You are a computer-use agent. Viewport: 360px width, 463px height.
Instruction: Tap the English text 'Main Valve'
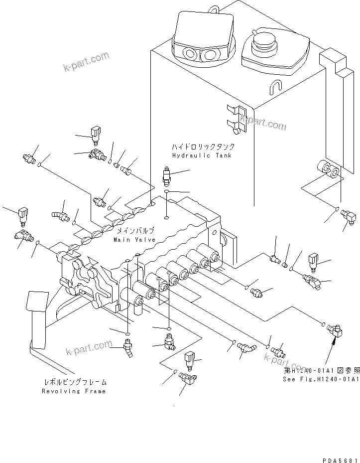click(134, 240)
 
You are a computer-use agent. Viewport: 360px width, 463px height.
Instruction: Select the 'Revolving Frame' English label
click(74, 391)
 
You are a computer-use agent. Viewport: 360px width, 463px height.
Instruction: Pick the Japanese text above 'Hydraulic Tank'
click(203, 147)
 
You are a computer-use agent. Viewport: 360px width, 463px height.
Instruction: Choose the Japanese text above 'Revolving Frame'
click(74, 382)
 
